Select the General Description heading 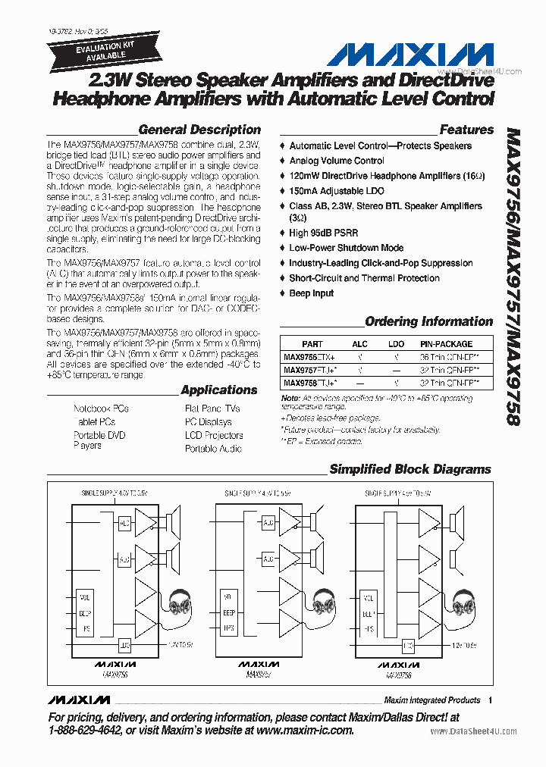coord(199,130)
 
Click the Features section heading coord(466,130)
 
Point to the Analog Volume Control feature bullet coord(337,161)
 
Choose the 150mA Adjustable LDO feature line coord(337,191)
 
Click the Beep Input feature coord(312,293)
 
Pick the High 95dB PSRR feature coord(324,233)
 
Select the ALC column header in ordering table coord(359,344)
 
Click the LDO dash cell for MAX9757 coord(397,370)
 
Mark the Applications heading coord(219,390)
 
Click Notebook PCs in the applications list coord(101,409)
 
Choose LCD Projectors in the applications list coord(214,436)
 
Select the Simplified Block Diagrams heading coord(410,470)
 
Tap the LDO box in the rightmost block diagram coord(409,646)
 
